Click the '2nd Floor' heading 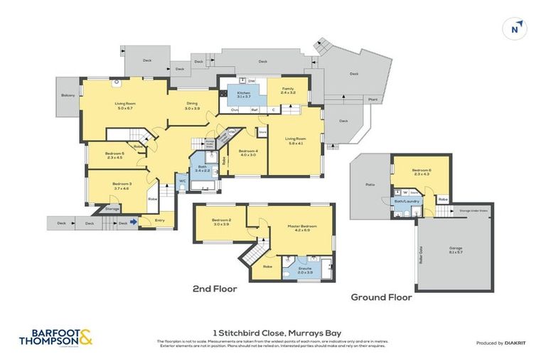tap(214, 289)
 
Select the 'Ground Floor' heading tap(381, 298)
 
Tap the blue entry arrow tap(134, 223)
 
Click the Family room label tap(287, 91)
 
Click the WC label tap(182, 182)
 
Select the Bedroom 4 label tap(247, 153)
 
